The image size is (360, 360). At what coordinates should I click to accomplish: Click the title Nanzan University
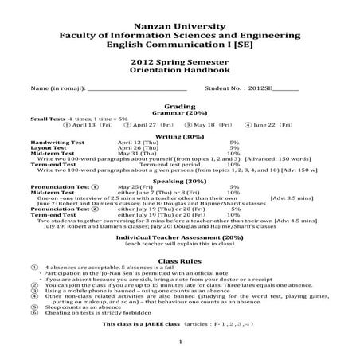pyautogui.click(x=180, y=26)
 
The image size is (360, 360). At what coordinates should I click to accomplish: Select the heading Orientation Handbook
pyautogui.click(x=179, y=70)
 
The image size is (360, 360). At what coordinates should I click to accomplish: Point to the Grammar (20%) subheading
pyautogui.click(x=180, y=112)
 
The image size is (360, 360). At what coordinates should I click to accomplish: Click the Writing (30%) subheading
pyautogui.click(x=180, y=135)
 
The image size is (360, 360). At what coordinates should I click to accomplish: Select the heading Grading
pyautogui.click(x=180, y=105)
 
